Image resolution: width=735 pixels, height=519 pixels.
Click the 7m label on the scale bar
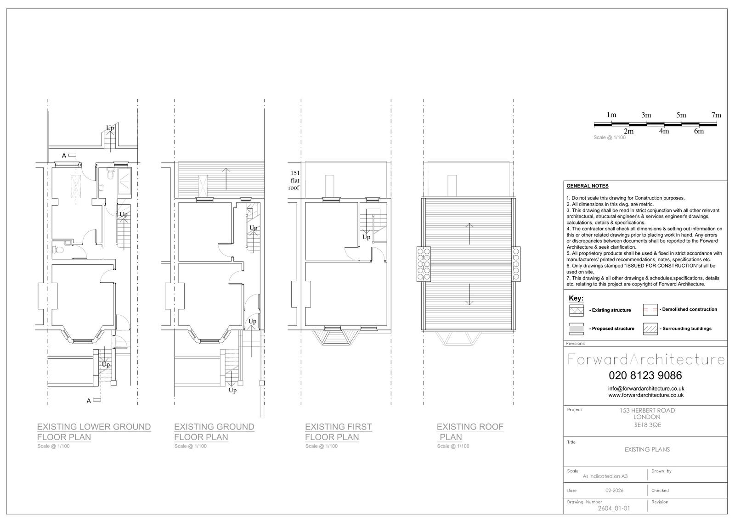tap(716, 115)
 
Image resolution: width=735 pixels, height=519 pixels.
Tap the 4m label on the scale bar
tap(664, 131)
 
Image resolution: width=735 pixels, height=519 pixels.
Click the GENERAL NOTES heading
tap(588, 186)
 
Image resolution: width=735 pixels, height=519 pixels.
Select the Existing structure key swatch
tap(577, 310)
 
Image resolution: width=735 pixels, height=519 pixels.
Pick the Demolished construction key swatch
tap(650, 309)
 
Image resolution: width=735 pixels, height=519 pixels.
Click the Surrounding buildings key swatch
tap(650, 329)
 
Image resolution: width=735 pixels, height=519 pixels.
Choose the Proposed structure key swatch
tap(577, 329)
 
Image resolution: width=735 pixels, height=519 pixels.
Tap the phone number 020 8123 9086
tap(645, 375)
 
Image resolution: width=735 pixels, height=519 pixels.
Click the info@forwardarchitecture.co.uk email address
tap(646, 389)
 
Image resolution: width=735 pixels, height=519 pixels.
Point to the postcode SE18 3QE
tap(648, 425)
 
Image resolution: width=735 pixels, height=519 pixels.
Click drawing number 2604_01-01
tap(614, 508)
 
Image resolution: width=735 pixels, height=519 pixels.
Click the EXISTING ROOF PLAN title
tap(470, 432)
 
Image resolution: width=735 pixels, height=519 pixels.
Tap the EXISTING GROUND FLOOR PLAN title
tap(214, 432)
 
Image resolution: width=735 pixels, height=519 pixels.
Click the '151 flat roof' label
tap(294, 180)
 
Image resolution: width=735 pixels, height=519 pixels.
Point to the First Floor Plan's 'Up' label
tap(366, 237)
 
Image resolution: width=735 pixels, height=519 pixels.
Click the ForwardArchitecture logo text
tap(646, 360)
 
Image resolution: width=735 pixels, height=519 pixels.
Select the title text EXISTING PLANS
tap(647, 450)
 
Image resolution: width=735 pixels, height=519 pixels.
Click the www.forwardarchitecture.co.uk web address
tap(646, 396)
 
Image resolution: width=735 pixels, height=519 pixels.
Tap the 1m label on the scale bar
tap(611, 115)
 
